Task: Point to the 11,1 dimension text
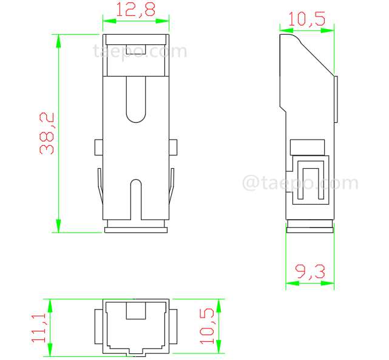tap(40, 327)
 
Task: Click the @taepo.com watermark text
tap(300, 183)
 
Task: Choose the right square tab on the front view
tap(172, 147)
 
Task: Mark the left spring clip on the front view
tap(100, 185)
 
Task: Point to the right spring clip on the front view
tap(172, 185)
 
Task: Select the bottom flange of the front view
tap(135, 229)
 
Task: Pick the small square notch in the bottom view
tap(135, 311)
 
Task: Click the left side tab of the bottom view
tap(98, 327)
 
